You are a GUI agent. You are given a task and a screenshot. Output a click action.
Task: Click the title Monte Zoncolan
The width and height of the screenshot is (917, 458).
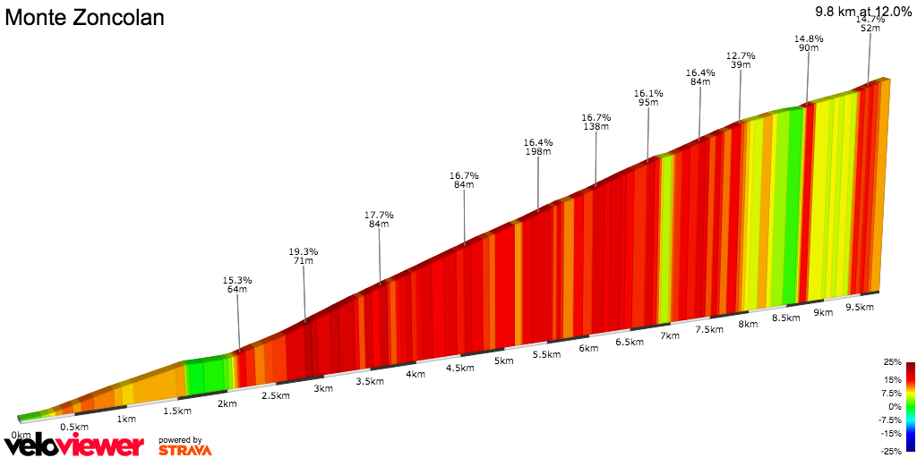[85, 18]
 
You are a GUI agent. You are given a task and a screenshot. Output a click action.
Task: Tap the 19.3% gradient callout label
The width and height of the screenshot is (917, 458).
[304, 251]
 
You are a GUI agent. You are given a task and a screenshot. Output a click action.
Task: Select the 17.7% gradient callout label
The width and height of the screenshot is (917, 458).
[379, 215]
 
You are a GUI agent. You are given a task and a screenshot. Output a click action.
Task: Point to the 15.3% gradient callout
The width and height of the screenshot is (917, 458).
[237, 280]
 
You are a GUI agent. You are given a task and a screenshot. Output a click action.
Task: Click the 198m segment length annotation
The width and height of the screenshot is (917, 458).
[538, 152]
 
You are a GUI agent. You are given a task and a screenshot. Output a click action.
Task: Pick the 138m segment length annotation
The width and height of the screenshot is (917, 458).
[596, 127]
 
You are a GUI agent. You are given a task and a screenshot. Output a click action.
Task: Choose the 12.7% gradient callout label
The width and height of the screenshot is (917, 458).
[741, 55]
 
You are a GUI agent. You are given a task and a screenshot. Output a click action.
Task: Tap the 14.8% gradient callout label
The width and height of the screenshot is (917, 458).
[809, 38]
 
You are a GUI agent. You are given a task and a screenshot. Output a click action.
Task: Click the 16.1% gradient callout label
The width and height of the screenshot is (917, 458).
[648, 92]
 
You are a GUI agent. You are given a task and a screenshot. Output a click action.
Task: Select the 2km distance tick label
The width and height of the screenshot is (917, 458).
[227, 403]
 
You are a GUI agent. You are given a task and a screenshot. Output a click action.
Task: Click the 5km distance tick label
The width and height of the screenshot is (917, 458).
[503, 361]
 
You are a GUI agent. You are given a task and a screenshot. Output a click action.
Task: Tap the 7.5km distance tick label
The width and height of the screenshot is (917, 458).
[708, 330]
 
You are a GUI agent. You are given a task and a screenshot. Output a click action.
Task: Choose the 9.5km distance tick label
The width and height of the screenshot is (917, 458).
[860, 307]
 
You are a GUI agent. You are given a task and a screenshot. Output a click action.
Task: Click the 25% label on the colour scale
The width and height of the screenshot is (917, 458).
[892, 362]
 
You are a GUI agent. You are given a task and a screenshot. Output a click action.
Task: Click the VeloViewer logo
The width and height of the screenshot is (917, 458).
[73, 445]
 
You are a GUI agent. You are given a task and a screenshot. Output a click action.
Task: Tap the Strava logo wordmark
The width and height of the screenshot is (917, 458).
[185, 450]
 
